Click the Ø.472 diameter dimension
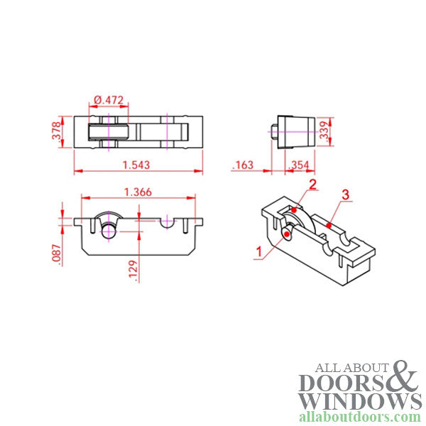[109, 100]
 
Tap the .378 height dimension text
[58, 132]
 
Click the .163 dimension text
[243, 165]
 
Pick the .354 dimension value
[298, 165]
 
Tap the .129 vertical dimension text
[135, 270]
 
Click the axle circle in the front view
[109, 229]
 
